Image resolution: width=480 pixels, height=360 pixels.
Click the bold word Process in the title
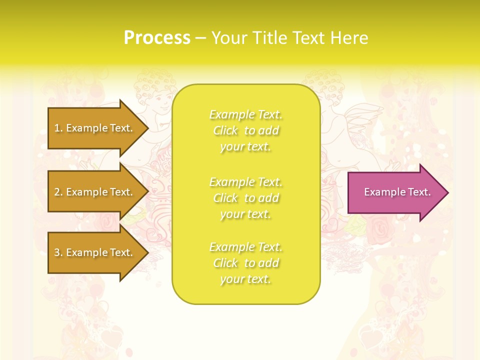click(x=157, y=38)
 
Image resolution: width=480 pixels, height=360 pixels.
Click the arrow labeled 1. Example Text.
click(x=95, y=128)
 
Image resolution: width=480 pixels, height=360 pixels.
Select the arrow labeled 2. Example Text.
click(x=95, y=192)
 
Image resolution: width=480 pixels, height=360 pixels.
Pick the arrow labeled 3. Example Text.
click(x=95, y=252)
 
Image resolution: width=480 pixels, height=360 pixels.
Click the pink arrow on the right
click(x=395, y=192)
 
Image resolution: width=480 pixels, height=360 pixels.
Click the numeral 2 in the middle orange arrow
click(x=57, y=192)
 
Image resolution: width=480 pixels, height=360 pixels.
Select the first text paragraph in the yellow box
click(x=245, y=130)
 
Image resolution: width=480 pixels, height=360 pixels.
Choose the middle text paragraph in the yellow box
click(x=245, y=198)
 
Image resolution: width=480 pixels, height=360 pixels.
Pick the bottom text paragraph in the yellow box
click(x=245, y=263)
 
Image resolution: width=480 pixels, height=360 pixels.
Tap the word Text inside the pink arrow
click(x=418, y=192)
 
